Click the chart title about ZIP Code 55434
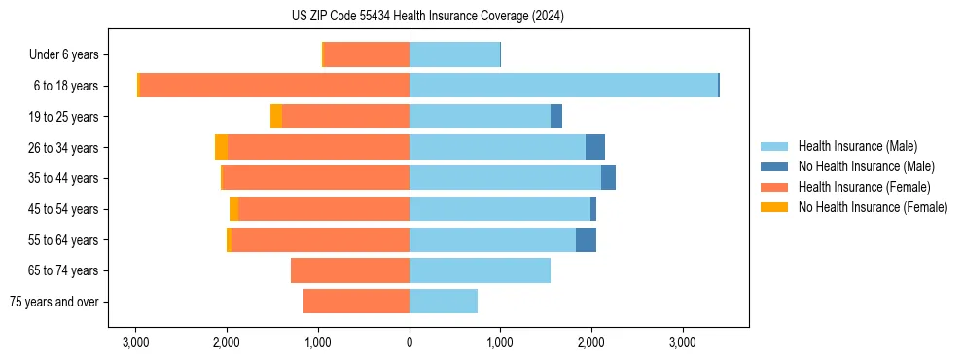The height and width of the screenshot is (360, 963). click(x=427, y=16)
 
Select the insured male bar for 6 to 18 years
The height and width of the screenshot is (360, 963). click(x=563, y=86)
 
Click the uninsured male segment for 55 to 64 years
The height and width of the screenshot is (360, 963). click(x=586, y=239)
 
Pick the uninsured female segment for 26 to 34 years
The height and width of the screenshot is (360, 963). click(x=221, y=147)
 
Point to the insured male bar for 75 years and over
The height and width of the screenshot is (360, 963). click(x=444, y=302)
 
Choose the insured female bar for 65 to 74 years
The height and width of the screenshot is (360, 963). click(x=350, y=270)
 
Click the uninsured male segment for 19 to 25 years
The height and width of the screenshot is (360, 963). click(x=556, y=117)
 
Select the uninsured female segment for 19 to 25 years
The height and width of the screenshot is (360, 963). click(x=276, y=117)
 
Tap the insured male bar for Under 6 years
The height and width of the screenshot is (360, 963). click(x=454, y=55)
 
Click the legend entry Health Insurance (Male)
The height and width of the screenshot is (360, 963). click(x=857, y=146)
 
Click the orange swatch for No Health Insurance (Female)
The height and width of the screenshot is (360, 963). click(x=774, y=207)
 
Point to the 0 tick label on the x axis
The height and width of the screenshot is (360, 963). click(x=410, y=342)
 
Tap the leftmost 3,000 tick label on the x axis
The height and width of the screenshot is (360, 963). click(x=135, y=342)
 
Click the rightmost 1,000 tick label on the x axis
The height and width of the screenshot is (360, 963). click(x=500, y=342)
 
